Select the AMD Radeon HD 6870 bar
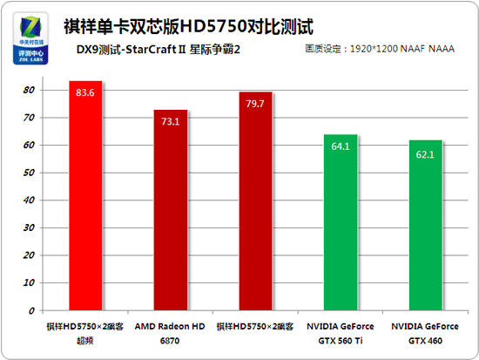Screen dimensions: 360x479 click(171, 210)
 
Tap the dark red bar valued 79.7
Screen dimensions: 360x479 click(255, 201)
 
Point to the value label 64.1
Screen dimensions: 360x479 click(341, 146)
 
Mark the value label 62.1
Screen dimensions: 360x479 click(426, 154)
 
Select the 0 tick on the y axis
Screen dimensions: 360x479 click(31, 310)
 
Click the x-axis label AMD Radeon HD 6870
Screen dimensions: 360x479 click(171, 331)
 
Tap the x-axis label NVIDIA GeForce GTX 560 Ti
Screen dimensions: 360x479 click(341, 331)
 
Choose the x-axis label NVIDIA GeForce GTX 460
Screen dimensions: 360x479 click(426, 331)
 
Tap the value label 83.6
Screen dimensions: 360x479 click(85, 92)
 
